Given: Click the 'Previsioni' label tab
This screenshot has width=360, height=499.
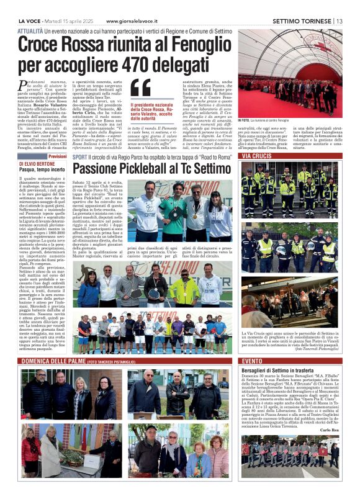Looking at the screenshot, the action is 56,156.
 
